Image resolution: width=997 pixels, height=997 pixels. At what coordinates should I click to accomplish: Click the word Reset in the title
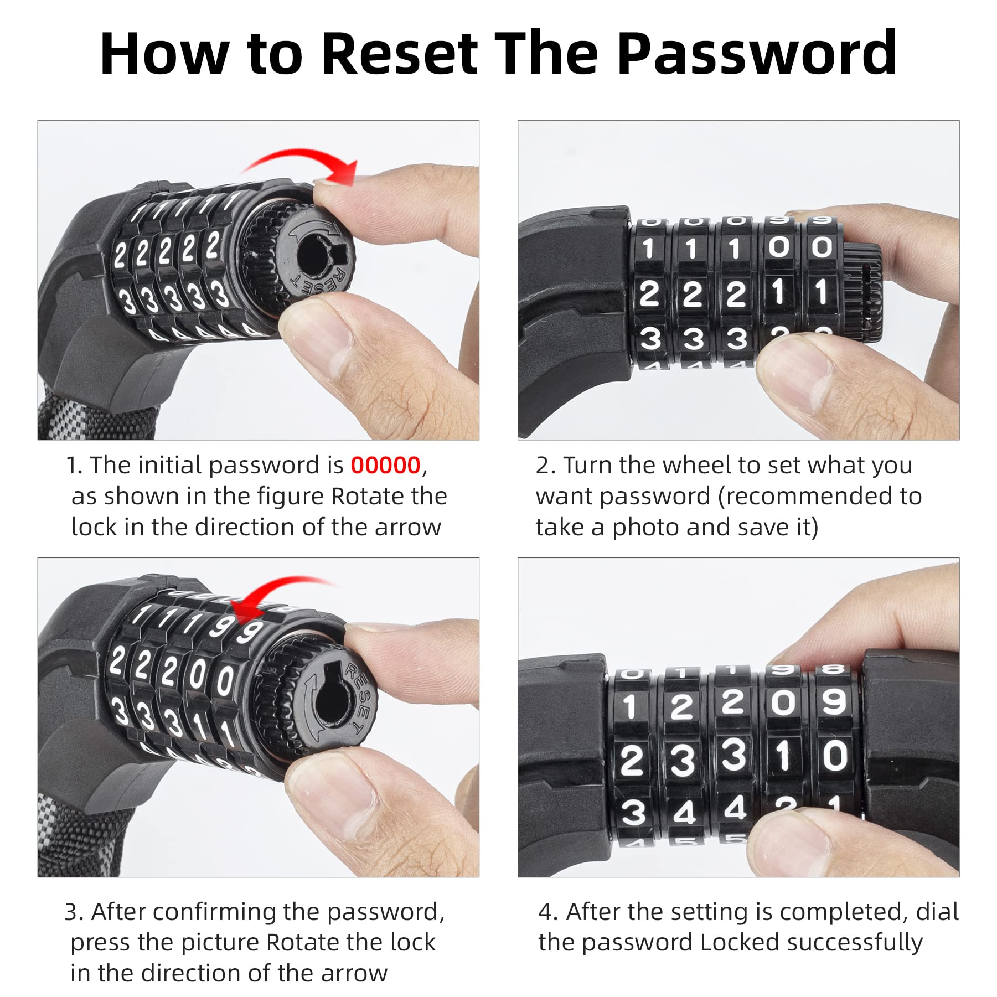(399, 53)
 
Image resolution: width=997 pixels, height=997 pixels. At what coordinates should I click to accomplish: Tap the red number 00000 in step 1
(385, 465)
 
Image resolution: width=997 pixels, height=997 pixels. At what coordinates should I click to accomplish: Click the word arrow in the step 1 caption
(408, 528)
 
